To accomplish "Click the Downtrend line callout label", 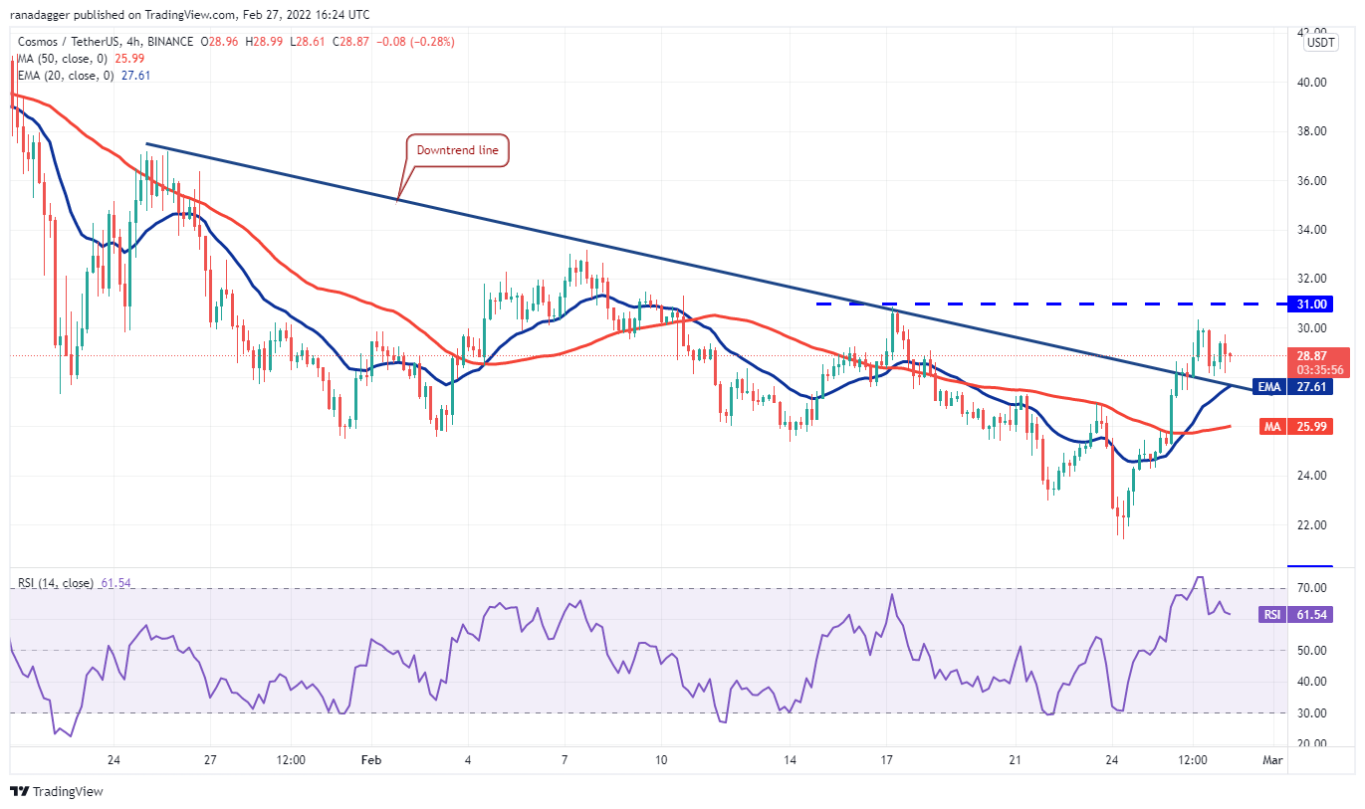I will click(457, 151).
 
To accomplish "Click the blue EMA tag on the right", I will click(1268, 387).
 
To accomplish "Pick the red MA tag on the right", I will click(1269, 427).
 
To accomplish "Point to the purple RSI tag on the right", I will click(1270, 615).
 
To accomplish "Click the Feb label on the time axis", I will click(370, 760).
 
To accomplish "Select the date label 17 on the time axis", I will click(886, 760).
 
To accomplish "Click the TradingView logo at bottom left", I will click(57, 792).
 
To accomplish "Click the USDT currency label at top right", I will click(1321, 43).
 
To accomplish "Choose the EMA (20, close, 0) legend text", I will click(66, 75).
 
